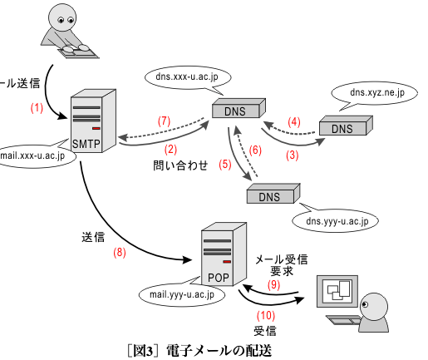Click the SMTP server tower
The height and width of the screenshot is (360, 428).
click(x=93, y=121)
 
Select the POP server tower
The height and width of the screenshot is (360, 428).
click(x=224, y=254)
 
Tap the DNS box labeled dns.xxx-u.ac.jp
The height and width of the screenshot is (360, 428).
click(x=239, y=108)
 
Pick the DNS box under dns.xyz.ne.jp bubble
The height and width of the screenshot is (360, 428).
click(x=346, y=126)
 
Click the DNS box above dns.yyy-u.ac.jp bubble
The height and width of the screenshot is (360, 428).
click(x=273, y=194)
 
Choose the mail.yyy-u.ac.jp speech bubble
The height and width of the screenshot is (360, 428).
click(x=182, y=294)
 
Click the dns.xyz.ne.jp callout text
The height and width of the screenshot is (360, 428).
click(x=377, y=92)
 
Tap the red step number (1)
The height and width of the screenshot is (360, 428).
click(x=37, y=107)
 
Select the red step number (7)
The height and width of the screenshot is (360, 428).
click(x=164, y=121)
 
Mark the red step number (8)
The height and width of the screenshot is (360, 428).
click(x=120, y=253)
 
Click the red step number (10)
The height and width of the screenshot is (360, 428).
click(x=266, y=315)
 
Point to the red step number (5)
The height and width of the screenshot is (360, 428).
click(x=225, y=164)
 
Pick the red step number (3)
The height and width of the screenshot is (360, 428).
click(x=293, y=155)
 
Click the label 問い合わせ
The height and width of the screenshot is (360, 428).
click(x=180, y=165)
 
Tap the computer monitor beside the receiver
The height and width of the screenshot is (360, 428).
click(x=337, y=291)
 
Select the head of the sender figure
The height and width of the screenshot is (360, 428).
click(x=62, y=17)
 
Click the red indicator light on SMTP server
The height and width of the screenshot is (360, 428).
click(x=96, y=128)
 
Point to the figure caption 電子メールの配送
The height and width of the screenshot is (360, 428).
click(x=219, y=351)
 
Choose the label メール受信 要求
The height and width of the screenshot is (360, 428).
click(x=281, y=265)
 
